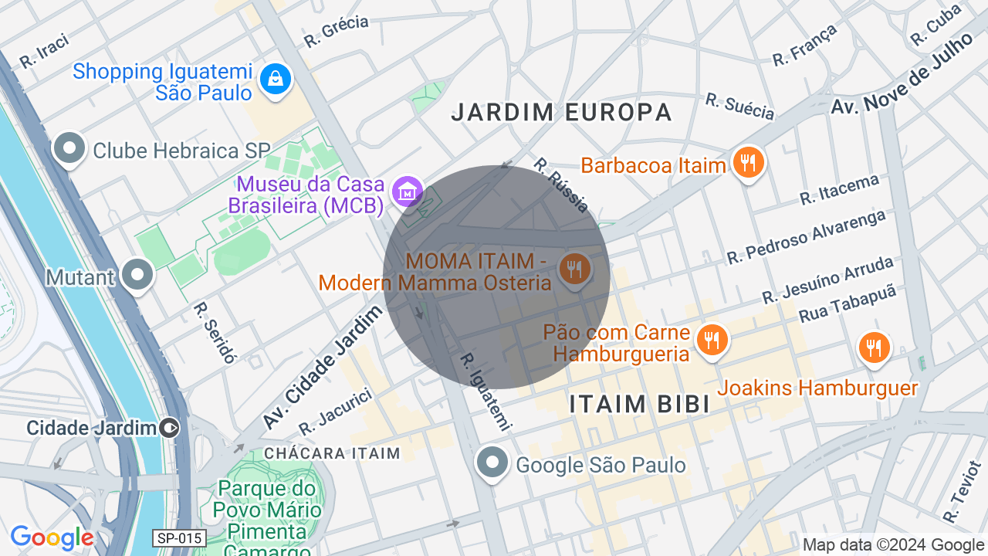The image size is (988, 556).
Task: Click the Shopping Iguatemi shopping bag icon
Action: [275, 78]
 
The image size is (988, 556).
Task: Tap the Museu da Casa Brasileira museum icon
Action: [406, 190]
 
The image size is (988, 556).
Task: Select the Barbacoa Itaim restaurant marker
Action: [747, 163]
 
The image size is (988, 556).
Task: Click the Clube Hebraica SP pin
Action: [69, 148]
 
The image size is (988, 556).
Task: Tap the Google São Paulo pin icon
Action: [492, 463]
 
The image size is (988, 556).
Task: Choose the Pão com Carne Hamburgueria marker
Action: [712, 340]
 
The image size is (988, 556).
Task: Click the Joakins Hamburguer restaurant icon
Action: [874, 347]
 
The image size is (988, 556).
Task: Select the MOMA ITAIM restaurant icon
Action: [575, 270]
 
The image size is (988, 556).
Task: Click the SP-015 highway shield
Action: [179, 538]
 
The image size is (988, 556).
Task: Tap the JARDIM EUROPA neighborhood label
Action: [562, 112]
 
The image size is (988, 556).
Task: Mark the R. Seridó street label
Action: [215, 332]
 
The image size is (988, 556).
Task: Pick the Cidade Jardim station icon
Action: [169, 428]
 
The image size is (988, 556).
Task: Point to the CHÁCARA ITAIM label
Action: [332, 453]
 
